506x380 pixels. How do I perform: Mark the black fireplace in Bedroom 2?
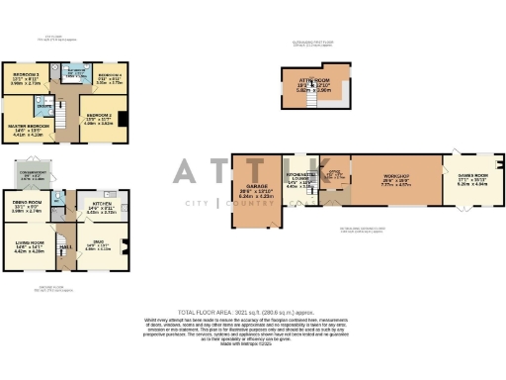[x=130, y=121]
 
